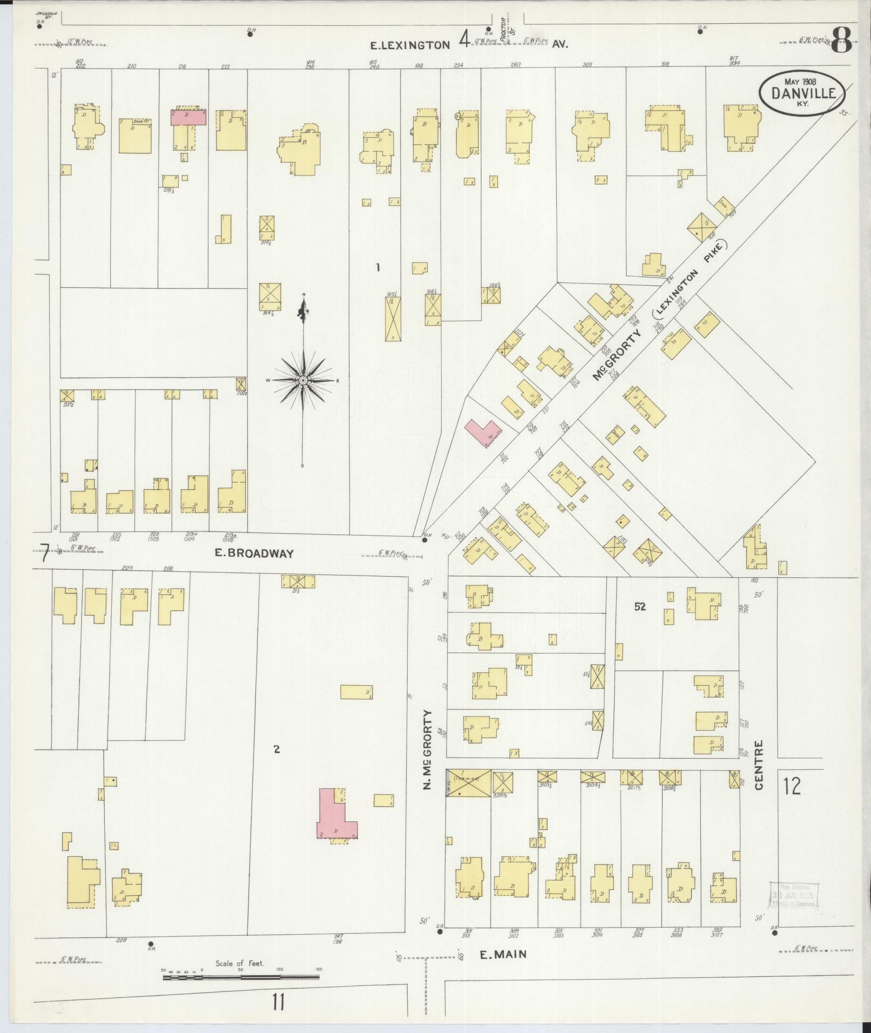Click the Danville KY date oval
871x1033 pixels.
click(x=802, y=93)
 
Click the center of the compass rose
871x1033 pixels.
click(x=303, y=381)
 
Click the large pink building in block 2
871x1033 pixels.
click(x=335, y=816)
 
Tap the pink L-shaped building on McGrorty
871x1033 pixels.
click(x=483, y=431)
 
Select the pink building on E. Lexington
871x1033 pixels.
click(x=188, y=117)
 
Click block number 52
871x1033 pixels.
click(x=640, y=607)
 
